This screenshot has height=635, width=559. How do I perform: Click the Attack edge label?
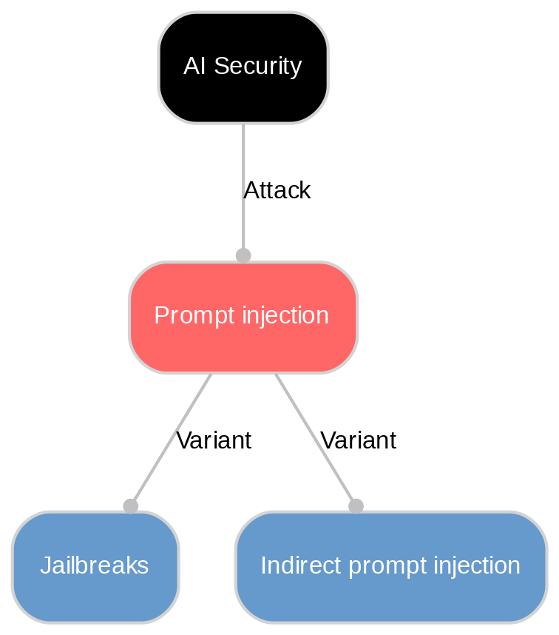coord(277,190)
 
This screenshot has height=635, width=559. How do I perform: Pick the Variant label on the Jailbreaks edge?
coord(214,440)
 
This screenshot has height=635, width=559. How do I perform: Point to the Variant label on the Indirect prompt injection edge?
coord(358,440)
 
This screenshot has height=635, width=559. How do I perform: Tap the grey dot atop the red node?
coord(243,255)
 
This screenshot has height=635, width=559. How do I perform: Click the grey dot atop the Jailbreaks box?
coord(131,505)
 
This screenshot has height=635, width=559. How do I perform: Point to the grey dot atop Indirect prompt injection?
coord(356,505)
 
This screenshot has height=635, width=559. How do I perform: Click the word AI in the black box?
coord(194,66)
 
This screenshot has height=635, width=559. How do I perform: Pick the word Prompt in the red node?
coord(189,316)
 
